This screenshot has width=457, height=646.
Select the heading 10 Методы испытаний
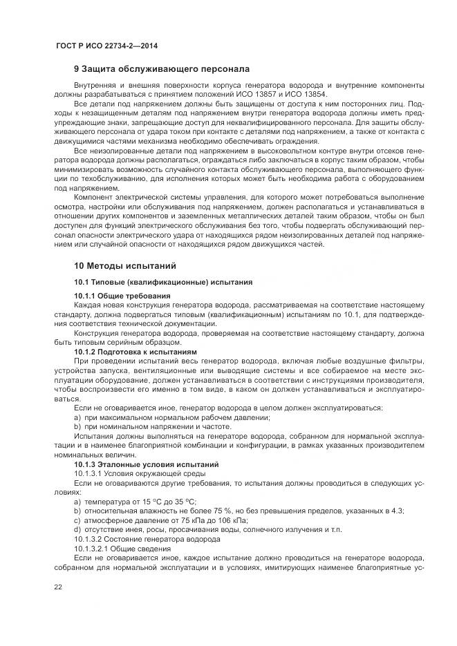pos(124,265)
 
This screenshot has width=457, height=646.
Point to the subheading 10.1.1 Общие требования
pos(122,296)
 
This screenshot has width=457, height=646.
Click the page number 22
pos(58,587)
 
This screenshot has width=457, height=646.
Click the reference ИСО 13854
pos(313,94)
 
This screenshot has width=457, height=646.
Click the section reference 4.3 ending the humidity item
pos(398,511)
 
